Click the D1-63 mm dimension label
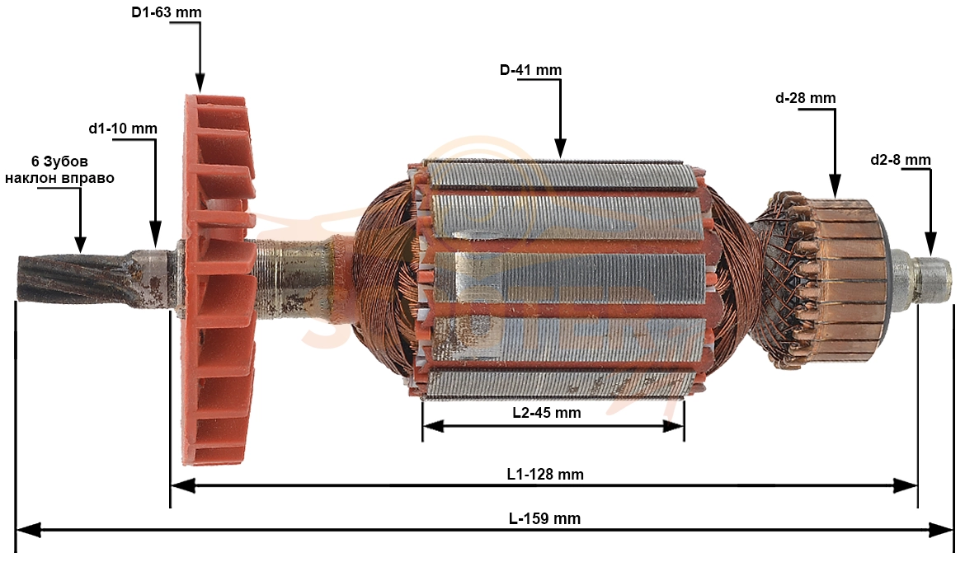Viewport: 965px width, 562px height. coord(166,12)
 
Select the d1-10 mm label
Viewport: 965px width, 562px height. coord(122,129)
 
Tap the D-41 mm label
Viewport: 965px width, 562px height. coord(530,70)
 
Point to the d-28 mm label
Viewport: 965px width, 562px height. coord(805,98)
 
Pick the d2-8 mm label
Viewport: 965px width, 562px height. coord(901,160)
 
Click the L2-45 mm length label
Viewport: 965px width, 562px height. coord(547,413)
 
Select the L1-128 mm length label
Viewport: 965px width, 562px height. coord(545,474)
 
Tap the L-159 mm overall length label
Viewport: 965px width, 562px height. coord(544,518)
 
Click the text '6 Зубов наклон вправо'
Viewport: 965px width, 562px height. coord(59,170)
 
